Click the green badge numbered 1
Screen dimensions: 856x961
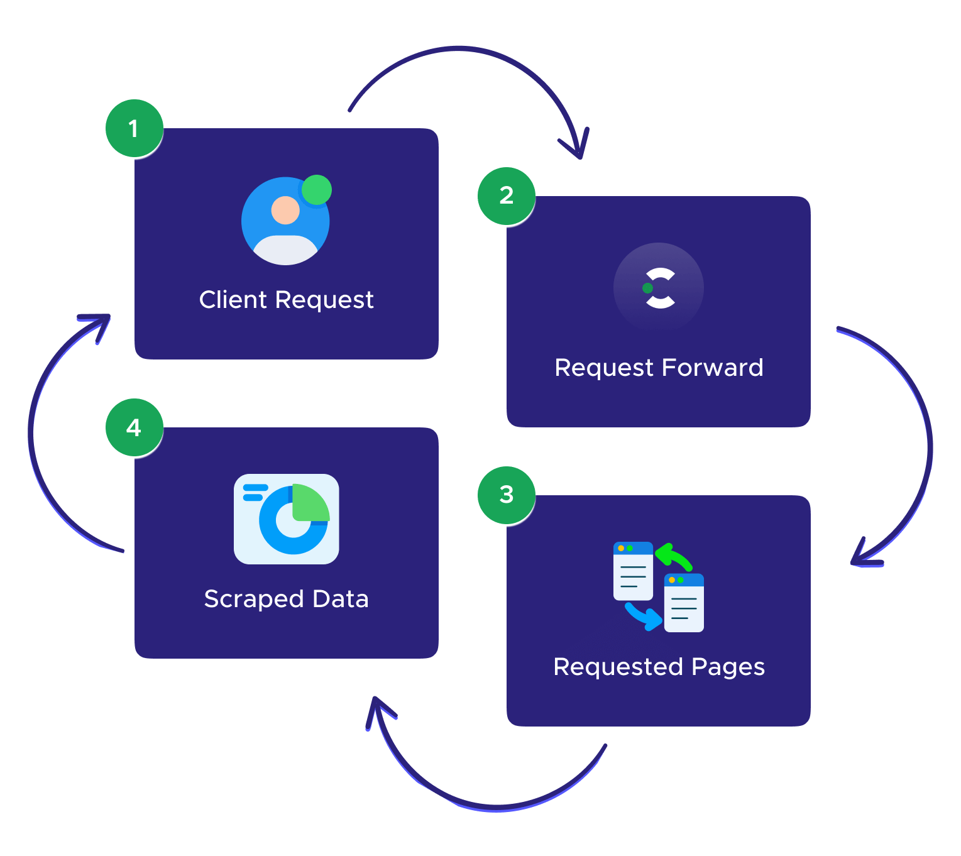coord(134,129)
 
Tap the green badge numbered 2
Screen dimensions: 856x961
coord(506,196)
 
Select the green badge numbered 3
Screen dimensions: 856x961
coord(506,495)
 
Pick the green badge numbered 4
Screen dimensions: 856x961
coord(134,428)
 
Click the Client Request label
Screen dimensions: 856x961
coord(286,300)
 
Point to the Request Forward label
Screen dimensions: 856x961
coord(659,368)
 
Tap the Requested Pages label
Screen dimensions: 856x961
coord(659,667)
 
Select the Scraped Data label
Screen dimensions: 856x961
coord(286,599)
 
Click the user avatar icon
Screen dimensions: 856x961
coord(285,221)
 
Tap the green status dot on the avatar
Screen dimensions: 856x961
coord(317,190)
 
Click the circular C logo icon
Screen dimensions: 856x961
coord(659,288)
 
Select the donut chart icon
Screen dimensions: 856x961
coord(287,519)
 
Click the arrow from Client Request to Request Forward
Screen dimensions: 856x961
coord(465,48)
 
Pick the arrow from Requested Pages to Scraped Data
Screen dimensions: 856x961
coord(497,806)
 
